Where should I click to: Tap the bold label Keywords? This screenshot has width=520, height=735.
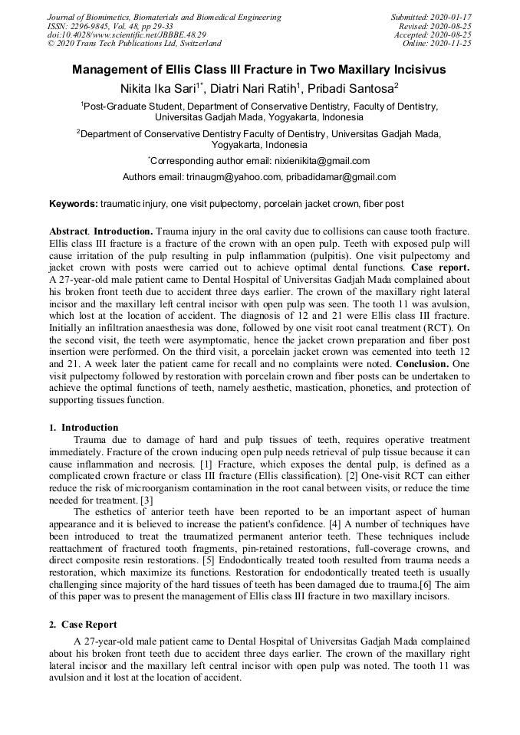(x=74, y=205)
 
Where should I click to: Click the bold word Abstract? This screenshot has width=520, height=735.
(x=68, y=231)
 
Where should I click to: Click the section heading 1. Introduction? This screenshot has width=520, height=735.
(x=84, y=427)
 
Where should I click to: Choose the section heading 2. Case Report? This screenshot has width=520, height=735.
(x=84, y=625)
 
